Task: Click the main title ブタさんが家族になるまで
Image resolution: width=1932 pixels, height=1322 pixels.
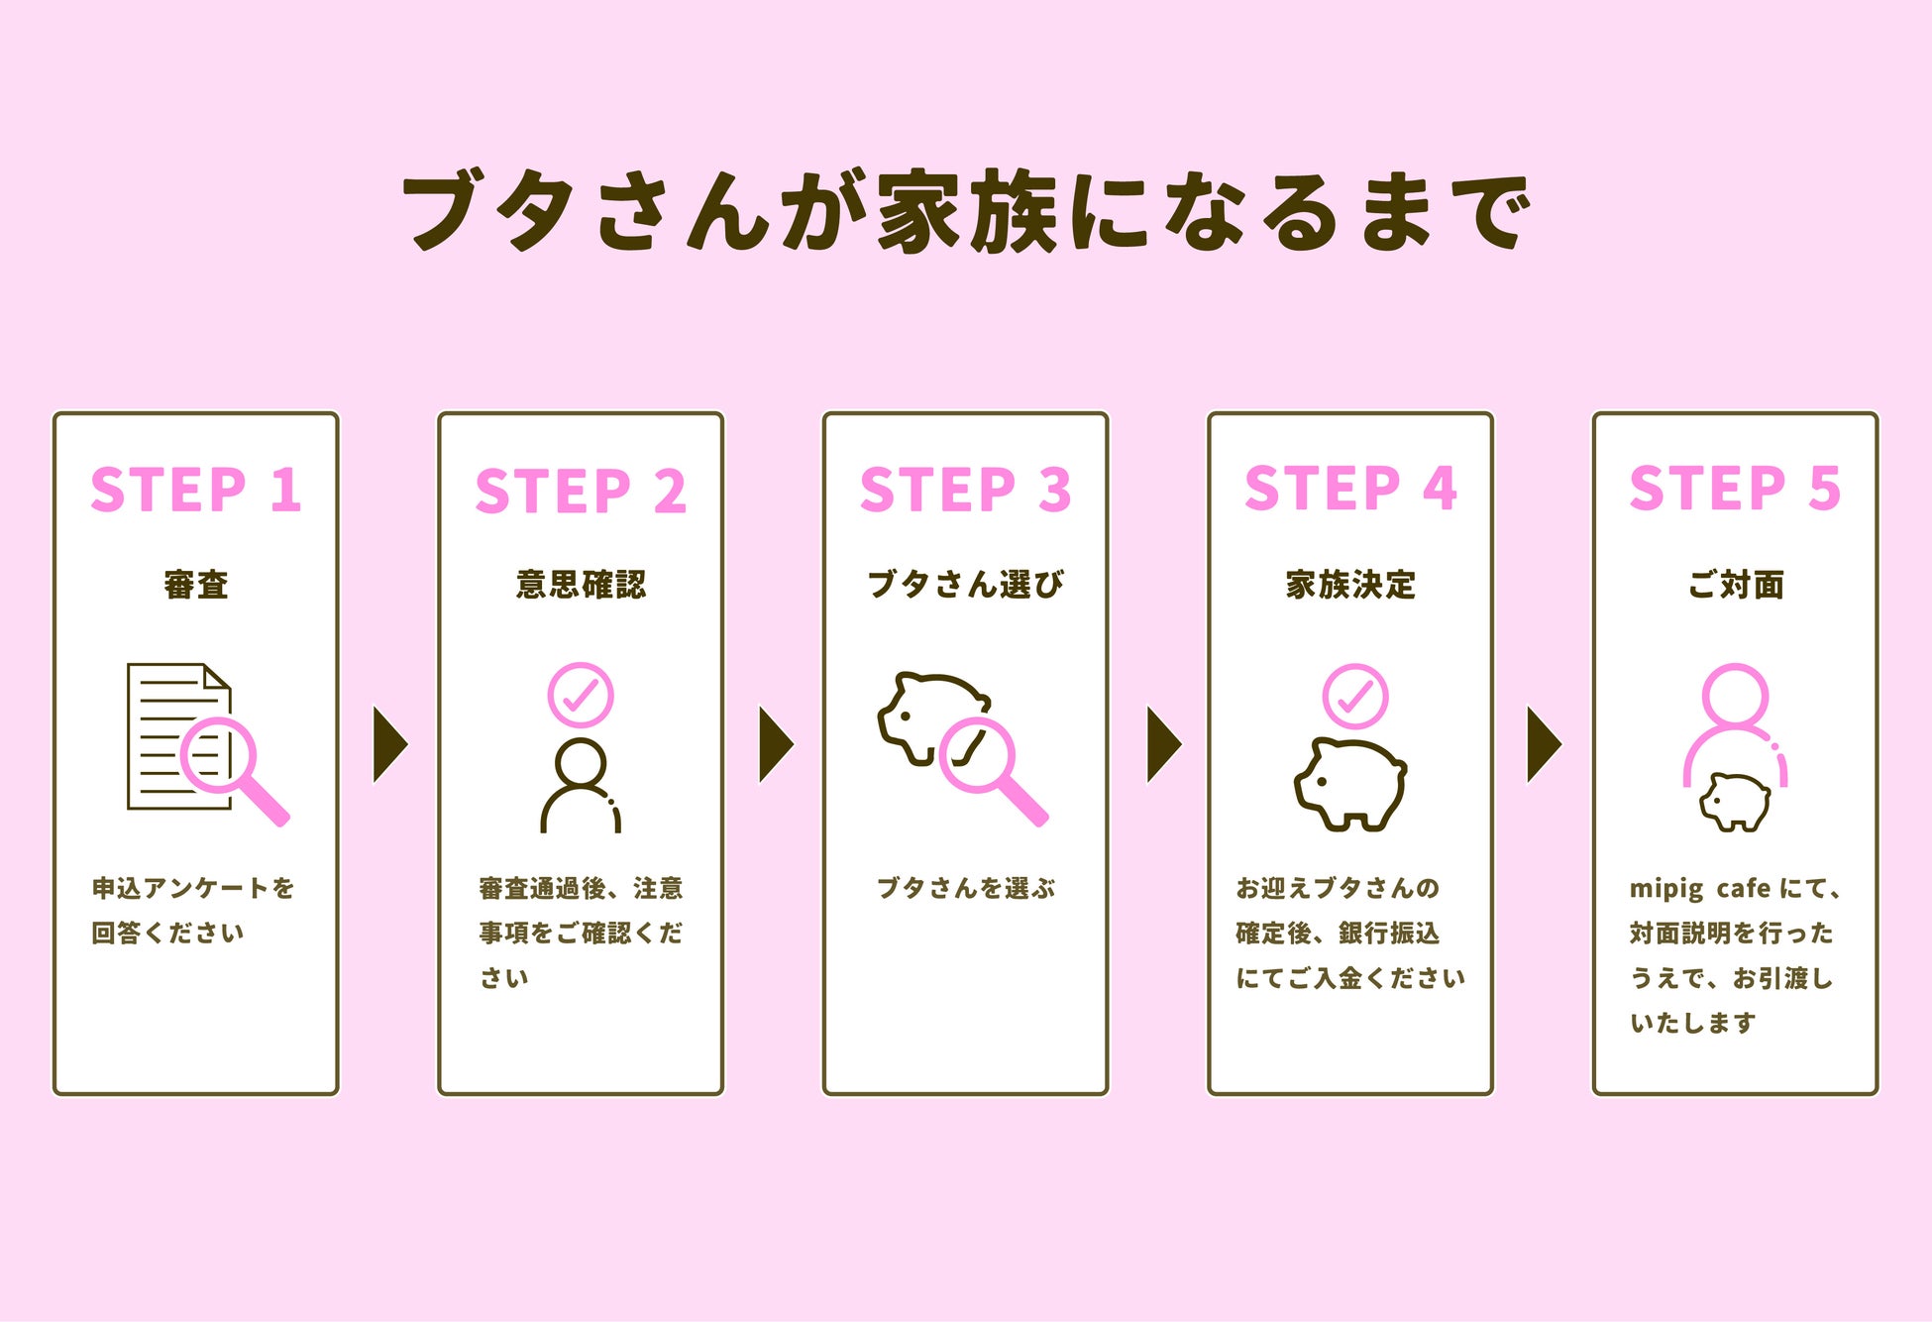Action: (x=966, y=210)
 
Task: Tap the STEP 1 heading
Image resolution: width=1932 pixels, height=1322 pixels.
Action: (x=195, y=490)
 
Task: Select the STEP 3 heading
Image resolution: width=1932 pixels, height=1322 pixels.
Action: (x=965, y=490)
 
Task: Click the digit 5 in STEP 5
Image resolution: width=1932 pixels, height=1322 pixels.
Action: (x=1824, y=489)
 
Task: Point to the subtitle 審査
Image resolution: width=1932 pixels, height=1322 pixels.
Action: (x=196, y=585)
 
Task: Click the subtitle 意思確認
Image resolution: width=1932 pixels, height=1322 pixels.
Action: (x=581, y=585)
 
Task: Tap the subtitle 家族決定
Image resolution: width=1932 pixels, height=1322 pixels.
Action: (x=1350, y=585)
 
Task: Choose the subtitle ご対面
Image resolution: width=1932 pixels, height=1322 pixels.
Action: (x=1735, y=585)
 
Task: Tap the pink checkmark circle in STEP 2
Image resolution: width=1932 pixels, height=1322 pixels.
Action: (x=581, y=695)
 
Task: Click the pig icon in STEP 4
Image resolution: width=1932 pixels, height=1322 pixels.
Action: (x=1349, y=784)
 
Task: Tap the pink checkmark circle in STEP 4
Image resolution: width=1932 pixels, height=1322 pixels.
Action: (x=1354, y=696)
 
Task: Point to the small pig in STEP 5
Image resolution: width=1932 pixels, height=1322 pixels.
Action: (x=1735, y=801)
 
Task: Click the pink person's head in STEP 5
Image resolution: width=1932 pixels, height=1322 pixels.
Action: (x=1735, y=697)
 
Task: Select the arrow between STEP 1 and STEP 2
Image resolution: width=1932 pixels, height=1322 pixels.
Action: (x=388, y=744)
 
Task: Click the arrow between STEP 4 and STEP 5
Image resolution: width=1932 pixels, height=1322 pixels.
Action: (x=1543, y=744)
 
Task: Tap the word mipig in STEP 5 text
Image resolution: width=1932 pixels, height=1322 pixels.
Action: (x=1666, y=888)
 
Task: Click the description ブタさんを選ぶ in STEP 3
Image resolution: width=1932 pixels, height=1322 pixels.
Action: (x=965, y=888)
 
